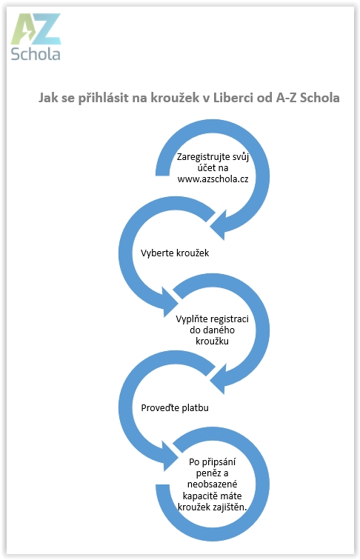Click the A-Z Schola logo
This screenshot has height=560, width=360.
coord(36,37)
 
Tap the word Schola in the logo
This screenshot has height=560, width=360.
coord(36,54)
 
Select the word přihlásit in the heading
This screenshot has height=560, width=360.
coord(103,98)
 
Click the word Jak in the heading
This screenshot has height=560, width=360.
coord(48,98)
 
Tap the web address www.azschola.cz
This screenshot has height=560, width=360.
coord(213,179)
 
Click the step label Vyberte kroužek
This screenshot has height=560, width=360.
coord(175,253)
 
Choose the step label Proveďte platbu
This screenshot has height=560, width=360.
coord(175,408)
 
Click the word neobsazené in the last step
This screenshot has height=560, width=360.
coord(212,484)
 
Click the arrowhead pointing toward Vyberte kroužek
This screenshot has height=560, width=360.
coord(219,225)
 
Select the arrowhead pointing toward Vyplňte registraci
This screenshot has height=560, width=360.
coord(170,302)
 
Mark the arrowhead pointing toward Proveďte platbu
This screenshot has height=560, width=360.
coord(219,379)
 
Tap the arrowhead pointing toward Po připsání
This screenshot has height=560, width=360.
coord(170,456)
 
